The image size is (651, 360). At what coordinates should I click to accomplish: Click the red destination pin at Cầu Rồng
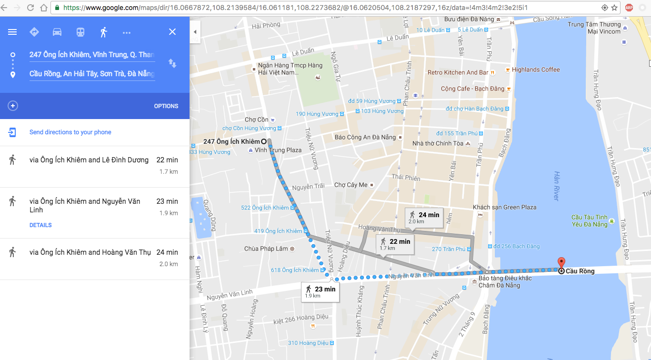click(561, 263)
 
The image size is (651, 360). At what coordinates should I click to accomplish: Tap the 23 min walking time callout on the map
click(320, 292)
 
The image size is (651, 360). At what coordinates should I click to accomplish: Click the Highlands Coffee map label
click(536, 70)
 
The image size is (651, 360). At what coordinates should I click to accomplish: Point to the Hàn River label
click(557, 186)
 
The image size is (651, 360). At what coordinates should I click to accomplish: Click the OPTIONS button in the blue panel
click(166, 106)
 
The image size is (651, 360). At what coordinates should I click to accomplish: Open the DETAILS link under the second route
click(40, 225)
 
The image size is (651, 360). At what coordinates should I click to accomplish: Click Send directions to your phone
click(70, 132)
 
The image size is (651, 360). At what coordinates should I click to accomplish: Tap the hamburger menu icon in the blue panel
click(12, 32)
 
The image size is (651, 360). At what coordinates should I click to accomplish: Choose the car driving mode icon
click(57, 32)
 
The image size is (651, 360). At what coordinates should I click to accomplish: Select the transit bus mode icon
click(80, 32)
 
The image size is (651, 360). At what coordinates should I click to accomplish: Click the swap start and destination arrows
click(172, 63)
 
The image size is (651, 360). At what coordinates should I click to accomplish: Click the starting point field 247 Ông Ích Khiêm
click(92, 55)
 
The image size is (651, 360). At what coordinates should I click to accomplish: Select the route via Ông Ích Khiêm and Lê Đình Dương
click(89, 160)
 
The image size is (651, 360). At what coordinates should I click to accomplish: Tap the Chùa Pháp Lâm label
click(266, 249)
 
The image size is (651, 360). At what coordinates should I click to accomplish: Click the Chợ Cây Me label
click(351, 185)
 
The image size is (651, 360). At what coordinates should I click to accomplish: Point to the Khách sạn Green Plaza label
click(504, 207)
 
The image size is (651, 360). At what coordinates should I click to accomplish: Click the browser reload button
click(30, 8)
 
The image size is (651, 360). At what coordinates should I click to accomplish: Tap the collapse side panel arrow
click(195, 32)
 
